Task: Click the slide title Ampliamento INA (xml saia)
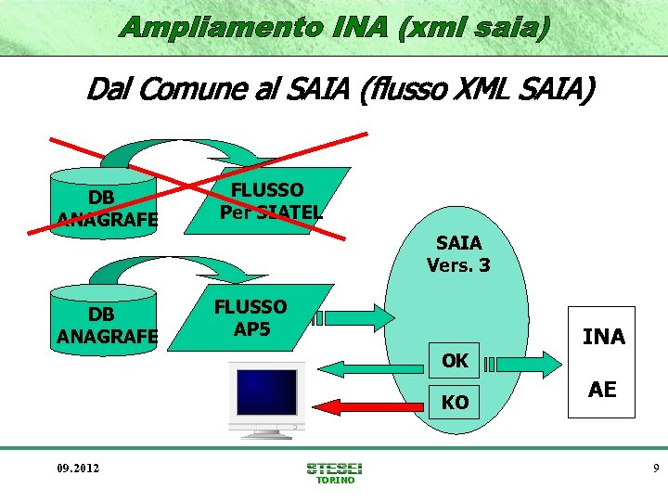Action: pyautogui.click(x=334, y=27)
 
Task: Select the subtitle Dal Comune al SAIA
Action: pyautogui.click(x=340, y=90)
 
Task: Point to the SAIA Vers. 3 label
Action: pyautogui.click(x=458, y=254)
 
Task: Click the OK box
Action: pyautogui.click(x=455, y=360)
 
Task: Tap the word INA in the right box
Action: pyautogui.click(x=603, y=337)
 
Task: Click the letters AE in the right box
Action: pyautogui.click(x=603, y=390)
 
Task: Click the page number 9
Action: pyautogui.click(x=655, y=469)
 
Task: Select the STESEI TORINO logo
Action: pyautogui.click(x=334, y=472)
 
